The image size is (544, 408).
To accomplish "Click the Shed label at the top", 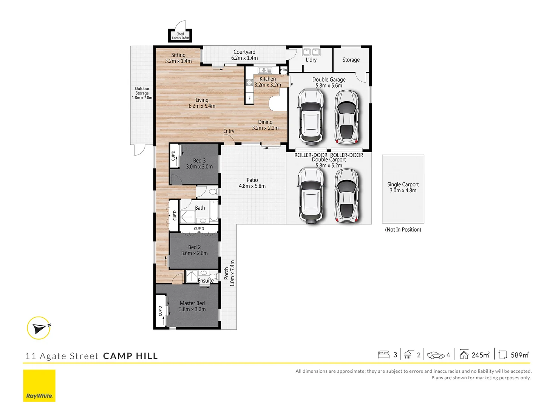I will click(x=180, y=34).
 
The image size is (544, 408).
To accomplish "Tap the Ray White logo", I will click(x=39, y=385).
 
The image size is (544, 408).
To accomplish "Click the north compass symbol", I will click(x=39, y=328).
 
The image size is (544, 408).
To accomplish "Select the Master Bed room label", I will click(x=192, y=303).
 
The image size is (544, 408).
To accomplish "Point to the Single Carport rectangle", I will click(x=403, y=189).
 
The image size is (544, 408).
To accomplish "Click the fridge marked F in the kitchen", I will click(x=249, y=98).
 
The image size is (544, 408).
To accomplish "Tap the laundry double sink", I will click(x=311, y=52).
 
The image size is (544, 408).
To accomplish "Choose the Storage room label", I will click(x=351, y=60).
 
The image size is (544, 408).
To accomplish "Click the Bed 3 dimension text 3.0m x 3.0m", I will click(x=199, y=167).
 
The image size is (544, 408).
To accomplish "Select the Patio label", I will click(x=252, y=180).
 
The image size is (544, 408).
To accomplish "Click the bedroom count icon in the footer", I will click(x=383, y=355).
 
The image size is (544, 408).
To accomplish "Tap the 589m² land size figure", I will click(x=519, y=355).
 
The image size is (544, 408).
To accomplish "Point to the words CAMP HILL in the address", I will click(x=130, y=356).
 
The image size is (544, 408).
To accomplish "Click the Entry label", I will click(x=229, y=131).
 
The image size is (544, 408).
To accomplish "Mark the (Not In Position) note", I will click(x=403, y=230).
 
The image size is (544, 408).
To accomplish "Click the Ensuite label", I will click(x=206, y=281).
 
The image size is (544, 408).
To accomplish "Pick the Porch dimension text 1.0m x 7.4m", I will click(x=232, y=273).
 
